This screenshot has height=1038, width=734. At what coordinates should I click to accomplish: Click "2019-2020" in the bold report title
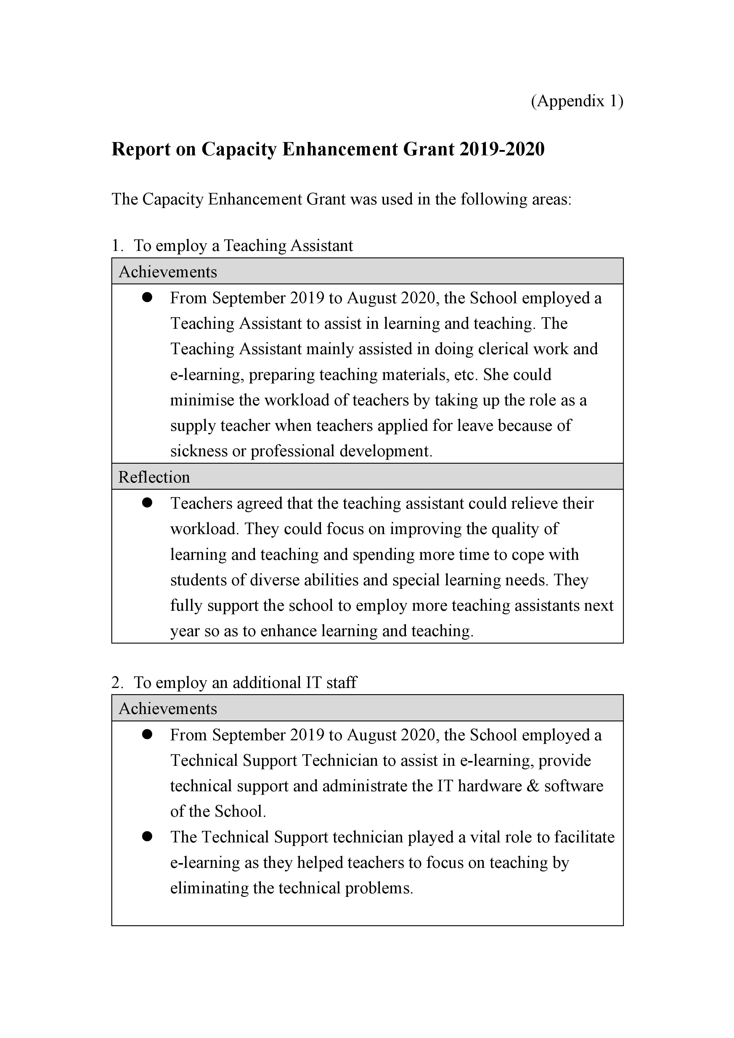tap(502, 149)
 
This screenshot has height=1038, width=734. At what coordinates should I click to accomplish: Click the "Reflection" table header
tap(154, 477)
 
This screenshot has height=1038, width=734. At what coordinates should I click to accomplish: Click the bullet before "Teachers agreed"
tap(147, 503)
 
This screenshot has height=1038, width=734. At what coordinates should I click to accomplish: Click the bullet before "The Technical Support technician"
tap(147, 837)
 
